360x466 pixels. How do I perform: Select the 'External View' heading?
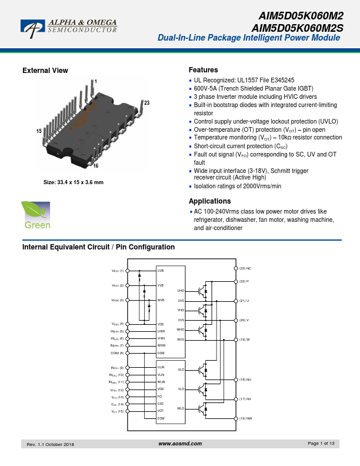tap(45, 71)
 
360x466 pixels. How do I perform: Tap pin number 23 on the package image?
tap(146, 104)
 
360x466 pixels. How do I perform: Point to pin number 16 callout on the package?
tap(95, 166)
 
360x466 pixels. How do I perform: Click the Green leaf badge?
tap(36, 215)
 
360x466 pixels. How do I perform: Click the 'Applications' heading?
tap(209, 201)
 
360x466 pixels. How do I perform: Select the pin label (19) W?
tap(244, 339)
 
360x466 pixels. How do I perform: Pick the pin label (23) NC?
tap(245, 268)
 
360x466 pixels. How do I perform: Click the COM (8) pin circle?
tap(128, 353)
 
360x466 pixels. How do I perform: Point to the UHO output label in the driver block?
tap(181, 291)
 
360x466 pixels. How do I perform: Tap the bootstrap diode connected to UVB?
tap(140, 276)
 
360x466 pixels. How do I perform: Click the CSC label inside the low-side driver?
tap(161, 404)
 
